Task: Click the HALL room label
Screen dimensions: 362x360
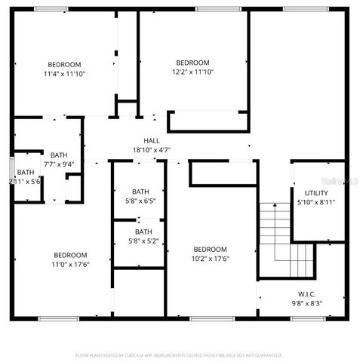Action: (152, 140)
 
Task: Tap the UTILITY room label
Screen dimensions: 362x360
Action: (316, 193)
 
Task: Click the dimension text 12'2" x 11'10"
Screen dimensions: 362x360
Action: (192, 72)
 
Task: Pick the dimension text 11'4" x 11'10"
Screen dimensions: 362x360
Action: (65, 74)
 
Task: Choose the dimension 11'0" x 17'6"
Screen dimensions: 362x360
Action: (69, 264)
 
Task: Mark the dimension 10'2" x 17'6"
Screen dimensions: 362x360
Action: (210, 259)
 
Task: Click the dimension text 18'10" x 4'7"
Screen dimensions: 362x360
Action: (152, 149)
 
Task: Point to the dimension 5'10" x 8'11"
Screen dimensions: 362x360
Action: (316, 202)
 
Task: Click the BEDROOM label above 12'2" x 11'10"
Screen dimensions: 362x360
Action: (192, 62)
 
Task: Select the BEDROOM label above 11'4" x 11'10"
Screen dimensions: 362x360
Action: (65, 64)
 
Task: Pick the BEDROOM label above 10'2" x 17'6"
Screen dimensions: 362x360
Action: (210, 250)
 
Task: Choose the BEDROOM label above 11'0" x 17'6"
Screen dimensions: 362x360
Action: (69, 255)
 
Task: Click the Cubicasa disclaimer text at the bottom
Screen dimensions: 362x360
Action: (179, 354)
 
